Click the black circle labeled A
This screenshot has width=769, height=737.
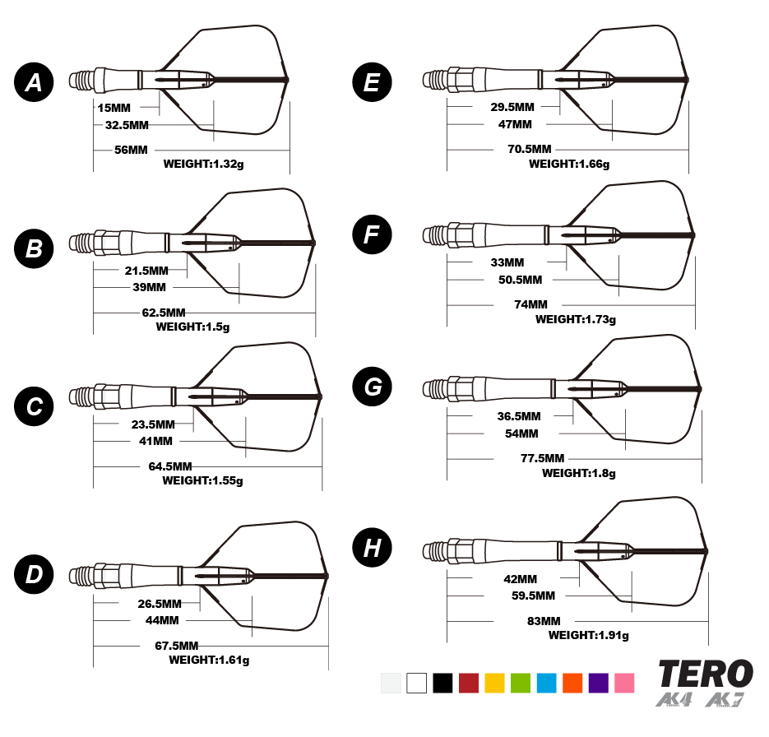[x=34, y=82]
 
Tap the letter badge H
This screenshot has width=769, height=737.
[x=373, y=549]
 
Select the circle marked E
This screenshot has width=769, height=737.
[x=372, y=82]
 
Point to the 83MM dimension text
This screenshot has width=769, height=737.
[x=544, y=620]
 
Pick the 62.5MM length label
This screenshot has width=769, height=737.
[x=164, y=313]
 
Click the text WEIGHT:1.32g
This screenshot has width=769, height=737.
[x=204, y=164]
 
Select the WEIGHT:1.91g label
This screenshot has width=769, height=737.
[x=589, y=635]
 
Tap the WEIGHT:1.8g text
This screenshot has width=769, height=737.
[x=579, y=473]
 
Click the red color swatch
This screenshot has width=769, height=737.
[x=469, y=684]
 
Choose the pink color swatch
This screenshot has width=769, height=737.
[x=624, y=684]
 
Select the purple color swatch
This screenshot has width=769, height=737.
[x=599, y=684]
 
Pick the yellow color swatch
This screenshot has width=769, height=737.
[x=494, y=684]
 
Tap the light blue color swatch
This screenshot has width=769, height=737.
[x=547, y=684]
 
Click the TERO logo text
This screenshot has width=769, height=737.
[x=706, y=674]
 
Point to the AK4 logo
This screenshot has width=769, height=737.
[x=674, y=700]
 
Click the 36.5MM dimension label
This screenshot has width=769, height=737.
[x=520, y=416]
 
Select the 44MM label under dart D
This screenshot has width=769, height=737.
[x=163, y=619]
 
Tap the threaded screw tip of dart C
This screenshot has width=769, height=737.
[x=81, y=396]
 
